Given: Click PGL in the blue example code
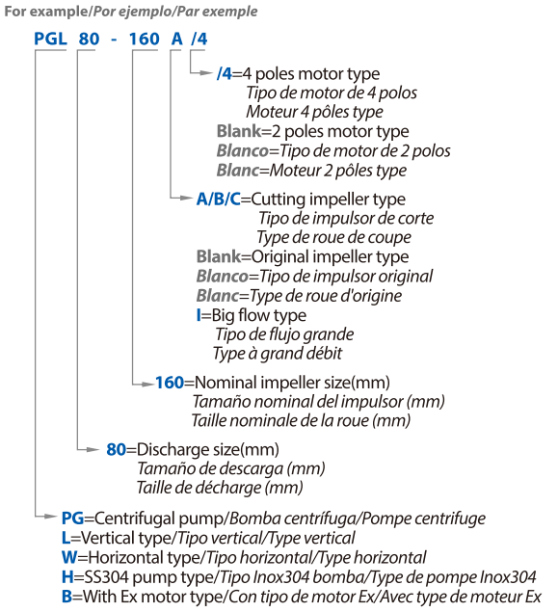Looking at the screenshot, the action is [50, 39].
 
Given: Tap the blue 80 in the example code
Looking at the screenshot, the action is [89, 39].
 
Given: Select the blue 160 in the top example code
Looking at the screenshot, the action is [144, 39].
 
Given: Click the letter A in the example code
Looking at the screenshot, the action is [176, 39].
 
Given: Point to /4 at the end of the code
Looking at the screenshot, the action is [199, 39].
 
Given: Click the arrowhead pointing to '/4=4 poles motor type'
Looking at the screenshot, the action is [205, 72].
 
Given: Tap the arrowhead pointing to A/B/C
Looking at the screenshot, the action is [186, 198].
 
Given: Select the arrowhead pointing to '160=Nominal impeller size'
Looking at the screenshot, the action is [147, 385].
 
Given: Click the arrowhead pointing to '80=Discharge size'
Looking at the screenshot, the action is [93, 450].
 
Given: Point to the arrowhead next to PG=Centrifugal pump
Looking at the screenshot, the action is [50, 517].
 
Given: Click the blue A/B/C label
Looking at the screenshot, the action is [219, 200].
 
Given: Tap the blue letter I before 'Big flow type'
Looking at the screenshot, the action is [199, 315].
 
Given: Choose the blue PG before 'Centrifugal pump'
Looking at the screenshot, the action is [73, 519].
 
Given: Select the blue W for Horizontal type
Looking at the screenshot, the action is [69, 557].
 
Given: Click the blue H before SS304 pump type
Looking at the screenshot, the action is [67, 577].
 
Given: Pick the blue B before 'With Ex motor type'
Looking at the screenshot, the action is [67, 597].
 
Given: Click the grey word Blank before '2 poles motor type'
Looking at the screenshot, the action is [239, 131].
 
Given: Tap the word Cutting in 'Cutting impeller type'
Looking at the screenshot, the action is [278, 200].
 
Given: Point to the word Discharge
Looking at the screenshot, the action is [172, 450].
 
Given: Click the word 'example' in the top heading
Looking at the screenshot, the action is [59, 12].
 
